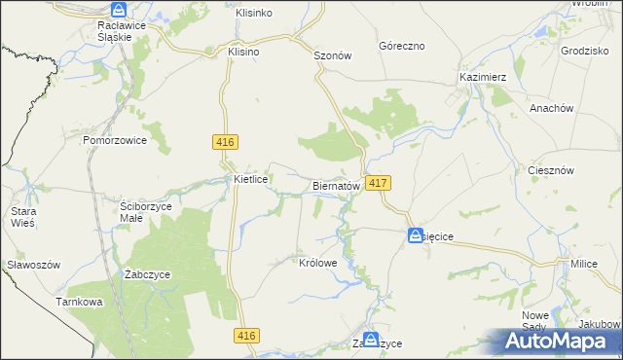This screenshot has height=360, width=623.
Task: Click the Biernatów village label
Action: [x=337, y=185]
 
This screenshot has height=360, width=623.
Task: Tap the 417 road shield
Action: [x=380, y=183]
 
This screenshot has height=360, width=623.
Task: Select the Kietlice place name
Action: [x=251, y=180]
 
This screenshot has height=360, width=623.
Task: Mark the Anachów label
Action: [x=550, y=108]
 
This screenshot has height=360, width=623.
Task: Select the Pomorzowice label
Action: [x=115, y=140]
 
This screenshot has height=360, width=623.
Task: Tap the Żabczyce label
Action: [x=148, y=274]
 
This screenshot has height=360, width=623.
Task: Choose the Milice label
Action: [x=584, y=264]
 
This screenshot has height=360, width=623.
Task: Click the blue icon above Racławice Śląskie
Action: [x=117, y=9]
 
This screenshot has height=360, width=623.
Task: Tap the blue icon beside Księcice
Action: [x=416, y=234]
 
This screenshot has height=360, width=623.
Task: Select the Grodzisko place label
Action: [x=585, y=49]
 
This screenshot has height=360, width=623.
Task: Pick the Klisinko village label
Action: [x=253, y=13]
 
